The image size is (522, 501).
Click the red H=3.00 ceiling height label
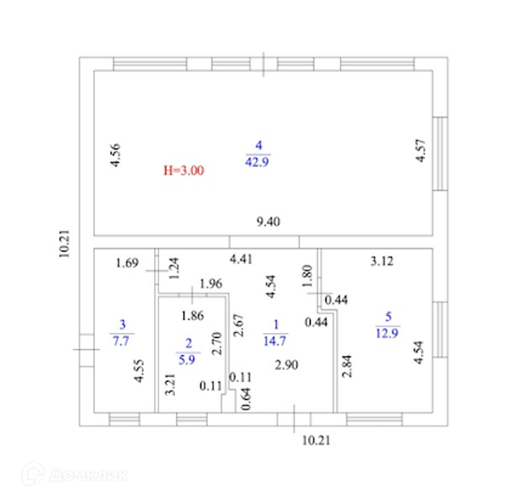[183, 170]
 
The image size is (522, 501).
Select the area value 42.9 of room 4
[258, 162]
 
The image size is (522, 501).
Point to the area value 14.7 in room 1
[276, 341]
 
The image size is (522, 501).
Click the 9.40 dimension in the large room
[268, 222]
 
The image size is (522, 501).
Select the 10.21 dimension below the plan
[316, 440]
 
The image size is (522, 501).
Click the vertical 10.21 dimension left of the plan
[64, 244]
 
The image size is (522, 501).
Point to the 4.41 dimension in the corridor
[241, 259]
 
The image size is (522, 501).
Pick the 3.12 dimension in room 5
[382, 261]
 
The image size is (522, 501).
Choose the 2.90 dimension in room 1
[286, 365]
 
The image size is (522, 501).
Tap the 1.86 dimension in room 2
[193, 316]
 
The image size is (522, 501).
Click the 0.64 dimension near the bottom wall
[246, 398]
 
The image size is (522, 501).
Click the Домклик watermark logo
[75, 474]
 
